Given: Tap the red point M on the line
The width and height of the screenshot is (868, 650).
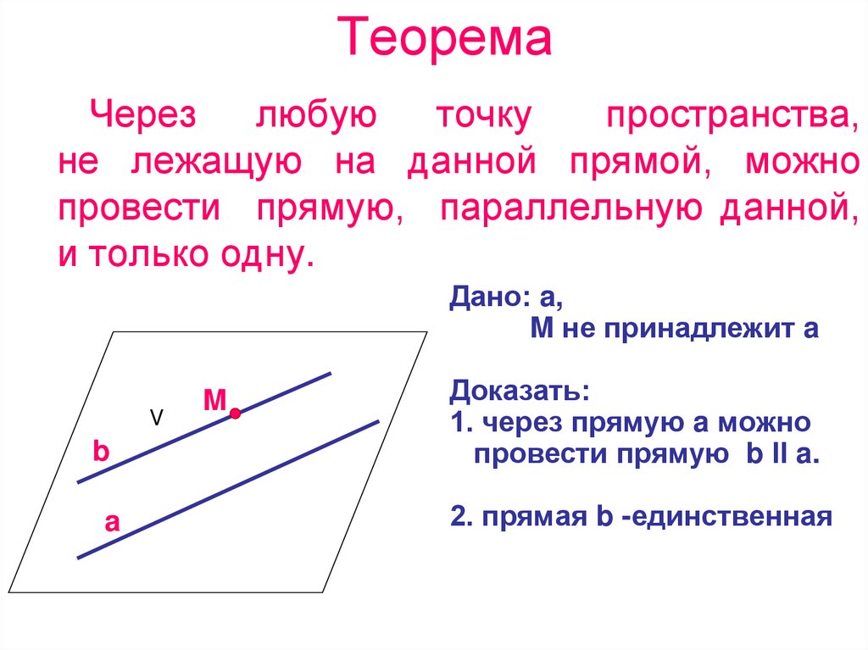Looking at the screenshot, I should point(235,414).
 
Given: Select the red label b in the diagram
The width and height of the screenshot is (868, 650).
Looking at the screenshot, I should point(101,452).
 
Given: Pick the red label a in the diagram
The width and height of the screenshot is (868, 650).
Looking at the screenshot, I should point(111,524).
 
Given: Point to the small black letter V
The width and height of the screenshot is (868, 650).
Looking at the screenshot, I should point(156,417).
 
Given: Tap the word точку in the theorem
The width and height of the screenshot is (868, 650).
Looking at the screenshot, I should point(481,114).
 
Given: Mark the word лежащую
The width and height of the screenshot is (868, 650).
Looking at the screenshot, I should point(217,161).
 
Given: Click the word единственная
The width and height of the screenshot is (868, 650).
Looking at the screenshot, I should point(726,515).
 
